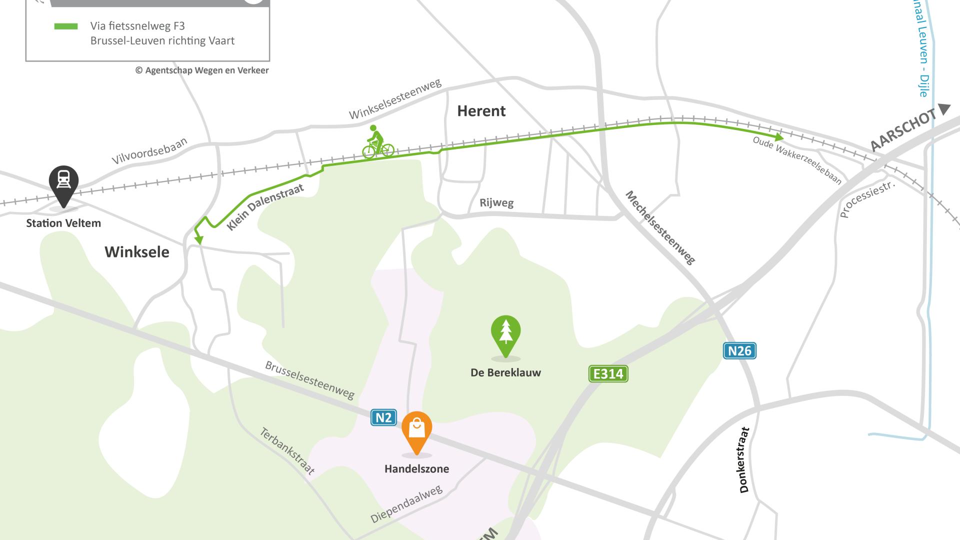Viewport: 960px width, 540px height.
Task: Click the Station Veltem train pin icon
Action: tap(63, 183)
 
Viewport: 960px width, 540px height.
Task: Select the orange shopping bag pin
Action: tap(416, 430)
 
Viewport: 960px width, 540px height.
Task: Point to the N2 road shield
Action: tap(383, 417)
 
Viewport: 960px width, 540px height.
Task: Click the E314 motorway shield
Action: tap(608, 374)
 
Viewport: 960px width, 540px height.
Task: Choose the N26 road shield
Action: tap(739, 351)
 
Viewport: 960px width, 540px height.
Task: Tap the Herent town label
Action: tap(481, 111)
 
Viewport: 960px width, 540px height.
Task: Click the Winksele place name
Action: tap(136, 252)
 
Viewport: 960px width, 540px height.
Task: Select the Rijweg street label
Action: tap(496, 202)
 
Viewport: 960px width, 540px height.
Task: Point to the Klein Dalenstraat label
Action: tap(265, 207)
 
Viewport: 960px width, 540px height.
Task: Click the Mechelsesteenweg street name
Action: tap(660, 227)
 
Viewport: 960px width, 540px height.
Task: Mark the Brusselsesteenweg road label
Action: tap(309, 380)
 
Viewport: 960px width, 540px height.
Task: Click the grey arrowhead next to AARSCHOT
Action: tap(944, 109)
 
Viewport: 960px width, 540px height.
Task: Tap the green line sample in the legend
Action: tap(66, 26)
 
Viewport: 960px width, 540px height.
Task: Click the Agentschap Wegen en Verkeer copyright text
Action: tap(202, 70)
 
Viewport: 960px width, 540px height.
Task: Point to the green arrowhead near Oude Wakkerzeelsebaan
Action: tap(778, 137)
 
